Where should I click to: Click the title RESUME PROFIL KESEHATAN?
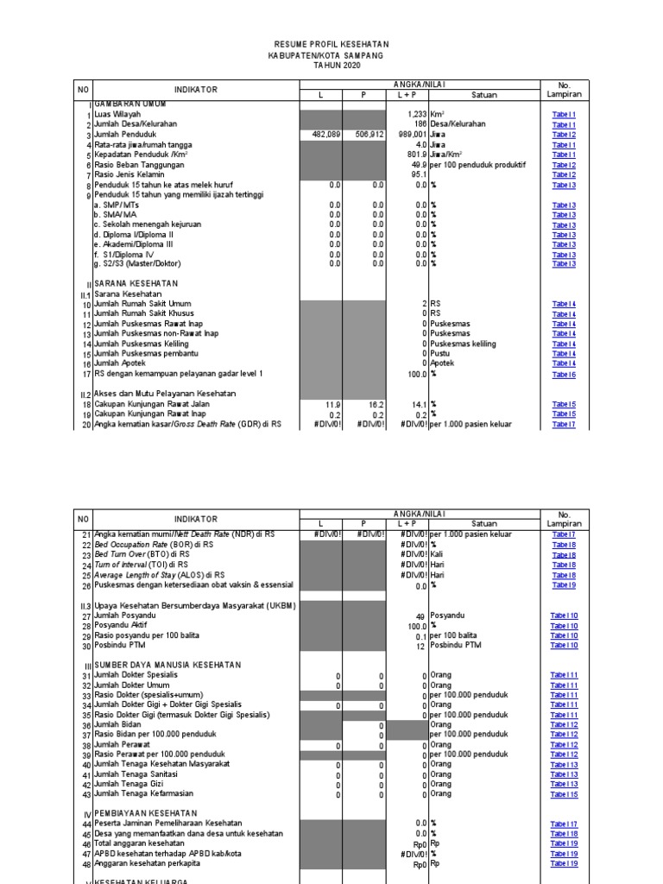331,44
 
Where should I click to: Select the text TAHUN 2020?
331,65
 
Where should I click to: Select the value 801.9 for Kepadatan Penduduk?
415,155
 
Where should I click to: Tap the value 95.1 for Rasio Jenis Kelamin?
420,174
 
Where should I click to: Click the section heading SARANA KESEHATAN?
136,283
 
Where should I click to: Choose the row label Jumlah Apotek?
123,363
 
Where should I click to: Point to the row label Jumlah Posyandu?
124,616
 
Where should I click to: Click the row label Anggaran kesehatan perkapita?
147,863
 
